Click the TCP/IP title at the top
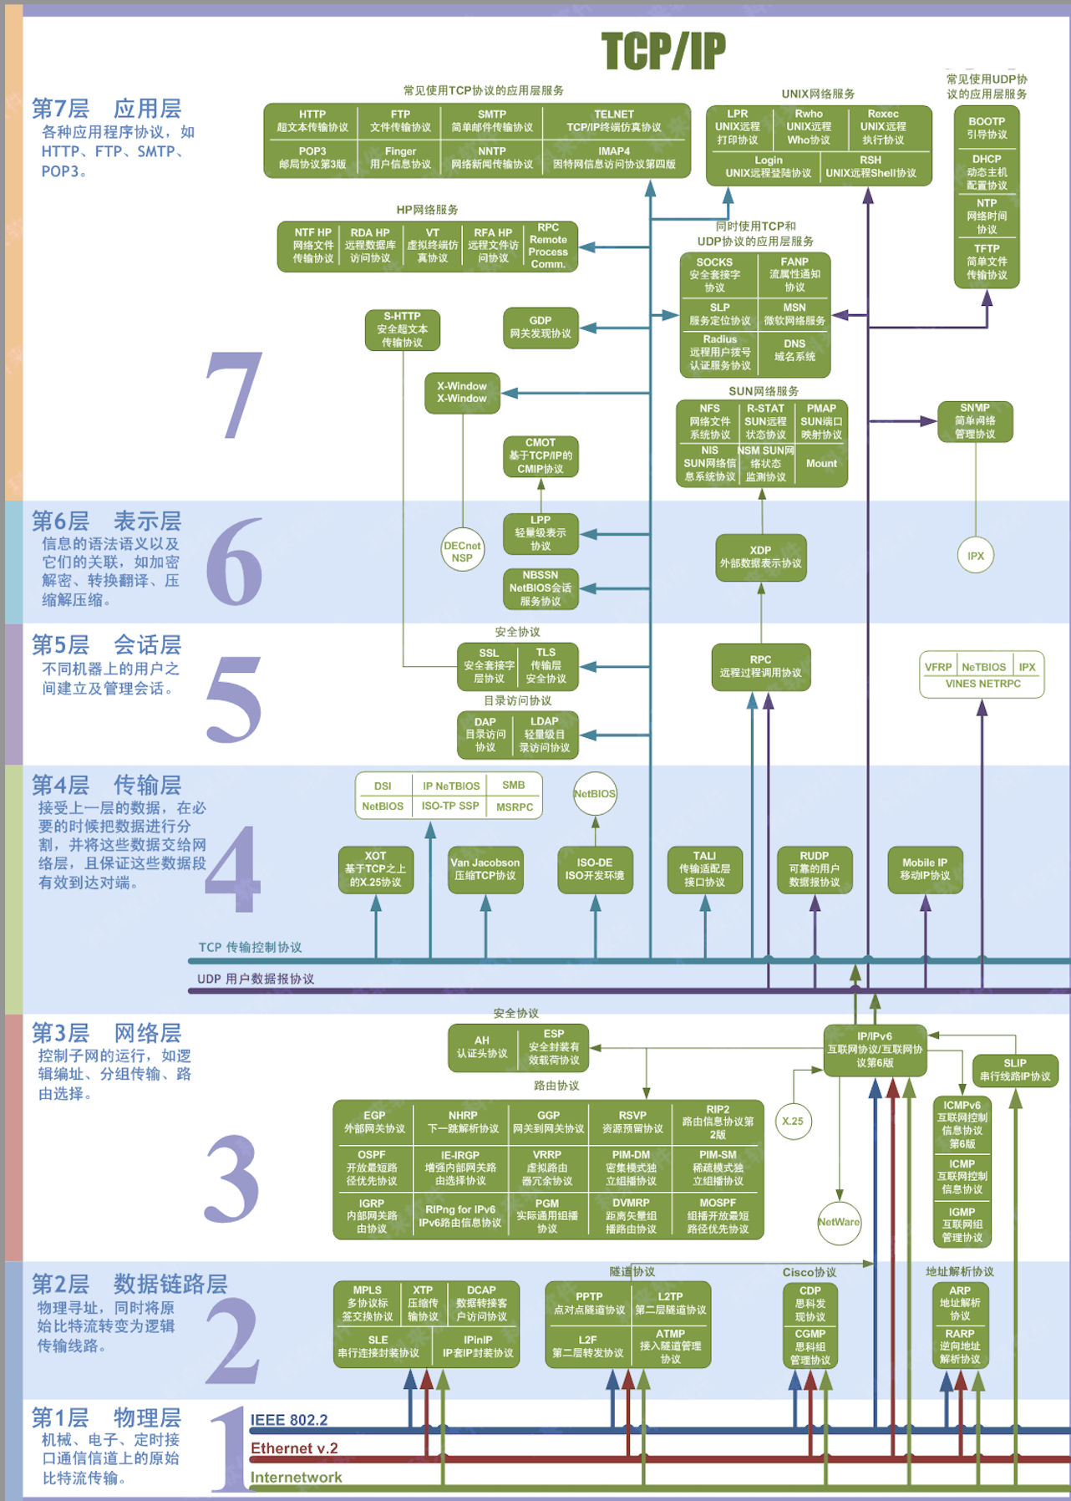663,51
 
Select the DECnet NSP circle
462,552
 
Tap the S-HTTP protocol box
402,329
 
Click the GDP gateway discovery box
541,327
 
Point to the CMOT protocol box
541,455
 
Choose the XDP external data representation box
760,557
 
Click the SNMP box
975,421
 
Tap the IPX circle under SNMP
975,556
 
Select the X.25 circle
792,1122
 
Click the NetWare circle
839,1222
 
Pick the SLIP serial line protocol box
1015,1070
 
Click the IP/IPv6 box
875,1049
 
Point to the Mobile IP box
925,869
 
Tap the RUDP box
815,869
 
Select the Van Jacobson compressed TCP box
485,869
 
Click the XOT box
376,869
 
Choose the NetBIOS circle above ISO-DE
595,794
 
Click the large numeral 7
234,395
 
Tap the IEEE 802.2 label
289,1420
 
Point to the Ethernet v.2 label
294,1448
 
